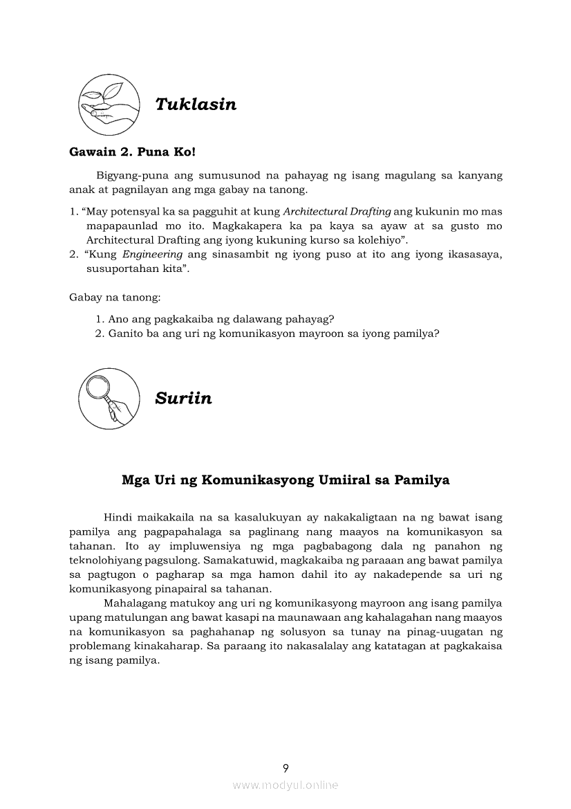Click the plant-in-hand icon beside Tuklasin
[x=109, y=104]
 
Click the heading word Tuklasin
[x=196, y=104]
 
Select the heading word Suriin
[x=183, y=399]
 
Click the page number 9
[x=285, y=767]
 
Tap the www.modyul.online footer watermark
[x=285, y=785]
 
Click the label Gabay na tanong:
[x=115, y=298]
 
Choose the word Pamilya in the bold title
[x=422, y=480]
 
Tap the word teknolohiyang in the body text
[x=104, y=561]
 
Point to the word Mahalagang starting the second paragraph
[x=136, y=603]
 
